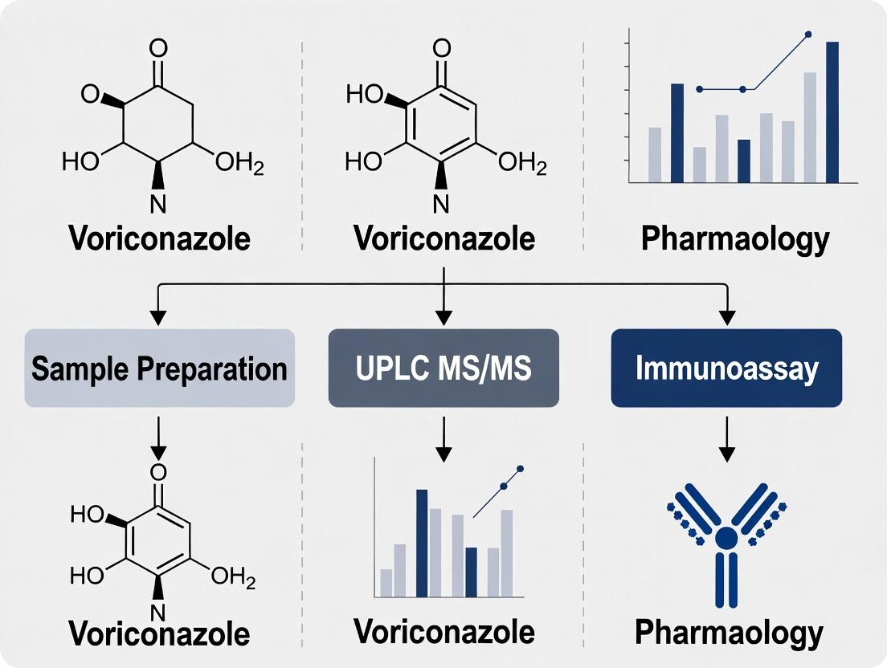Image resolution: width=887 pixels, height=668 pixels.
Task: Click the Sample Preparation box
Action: (160, 369)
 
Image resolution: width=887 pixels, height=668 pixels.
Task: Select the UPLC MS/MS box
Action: (443, 369)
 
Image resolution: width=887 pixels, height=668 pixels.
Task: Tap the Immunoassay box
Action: (726, 369)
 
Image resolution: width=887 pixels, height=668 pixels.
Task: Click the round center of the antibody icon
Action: (726, 537)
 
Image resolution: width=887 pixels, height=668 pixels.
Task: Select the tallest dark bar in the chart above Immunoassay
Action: (832, 112)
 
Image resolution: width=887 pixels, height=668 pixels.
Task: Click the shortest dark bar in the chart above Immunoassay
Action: (744, 161)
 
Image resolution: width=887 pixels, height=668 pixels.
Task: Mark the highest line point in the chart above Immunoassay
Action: (807, 35)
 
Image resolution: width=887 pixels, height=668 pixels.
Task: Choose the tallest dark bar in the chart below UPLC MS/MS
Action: (422, 543)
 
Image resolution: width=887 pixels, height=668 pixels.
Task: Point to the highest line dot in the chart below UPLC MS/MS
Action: (521, 468)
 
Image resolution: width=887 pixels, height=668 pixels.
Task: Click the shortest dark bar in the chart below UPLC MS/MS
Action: (471, 572)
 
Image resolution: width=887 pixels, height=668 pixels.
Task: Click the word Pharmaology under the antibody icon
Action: (729, 633)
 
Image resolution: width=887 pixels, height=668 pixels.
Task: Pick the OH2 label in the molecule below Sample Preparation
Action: (234, 576)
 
